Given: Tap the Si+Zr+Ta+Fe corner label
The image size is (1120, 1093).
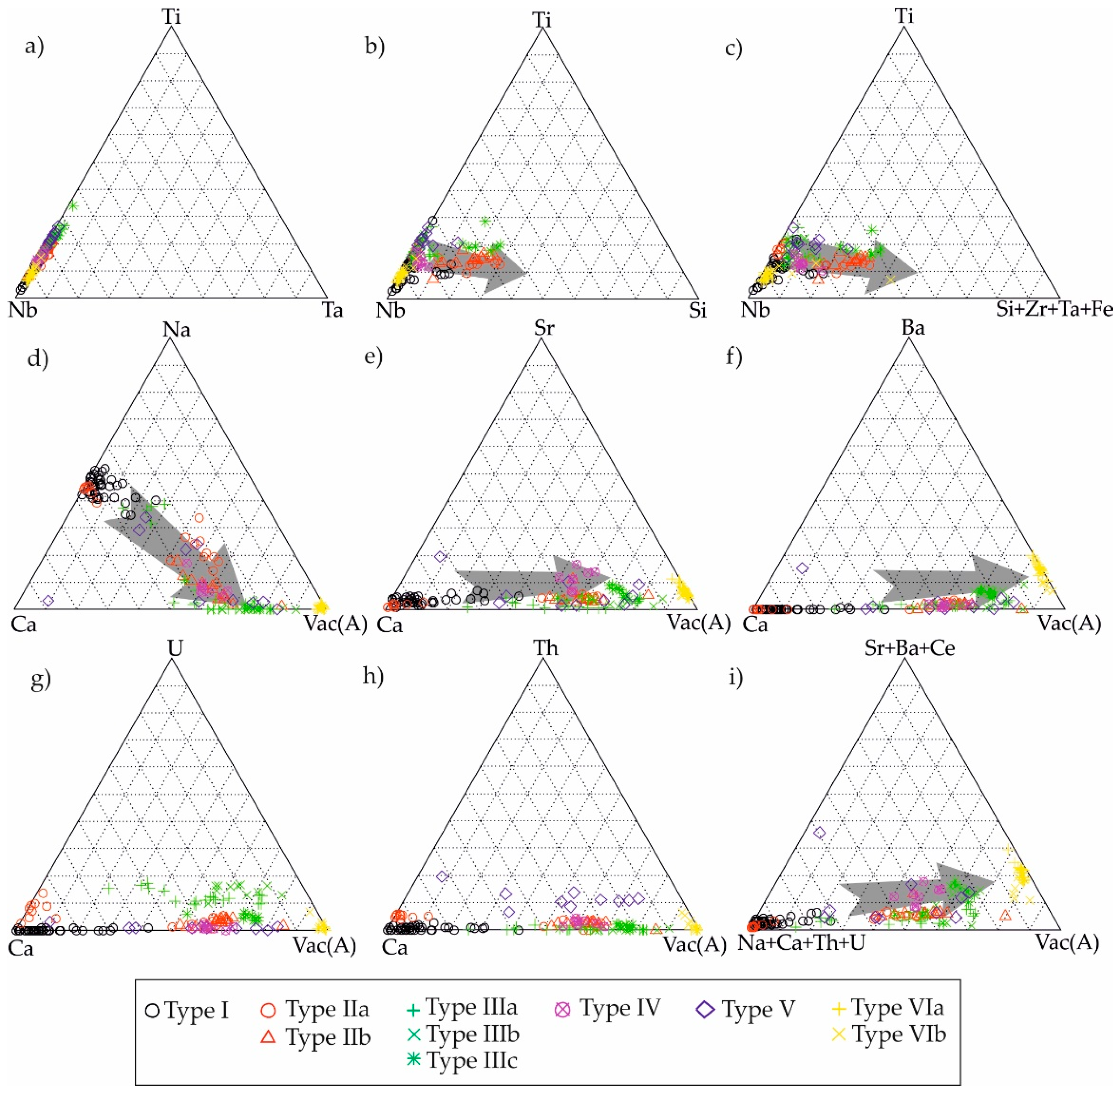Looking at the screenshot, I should (1054, 310).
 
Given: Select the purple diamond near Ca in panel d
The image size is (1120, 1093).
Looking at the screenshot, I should (48, 600).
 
